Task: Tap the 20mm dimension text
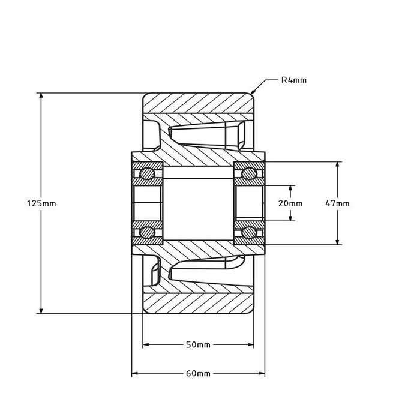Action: point(291,203)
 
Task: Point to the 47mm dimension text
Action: point(337,203)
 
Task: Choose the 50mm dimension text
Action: point(197,345)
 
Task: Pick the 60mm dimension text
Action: point(197,373)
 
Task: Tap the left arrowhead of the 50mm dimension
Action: point(146,345)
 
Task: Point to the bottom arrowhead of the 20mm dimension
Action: point(291,218)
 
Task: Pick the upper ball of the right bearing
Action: point(248,174)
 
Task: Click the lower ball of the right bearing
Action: point(248,233)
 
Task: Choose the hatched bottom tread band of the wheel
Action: point(197,303)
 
